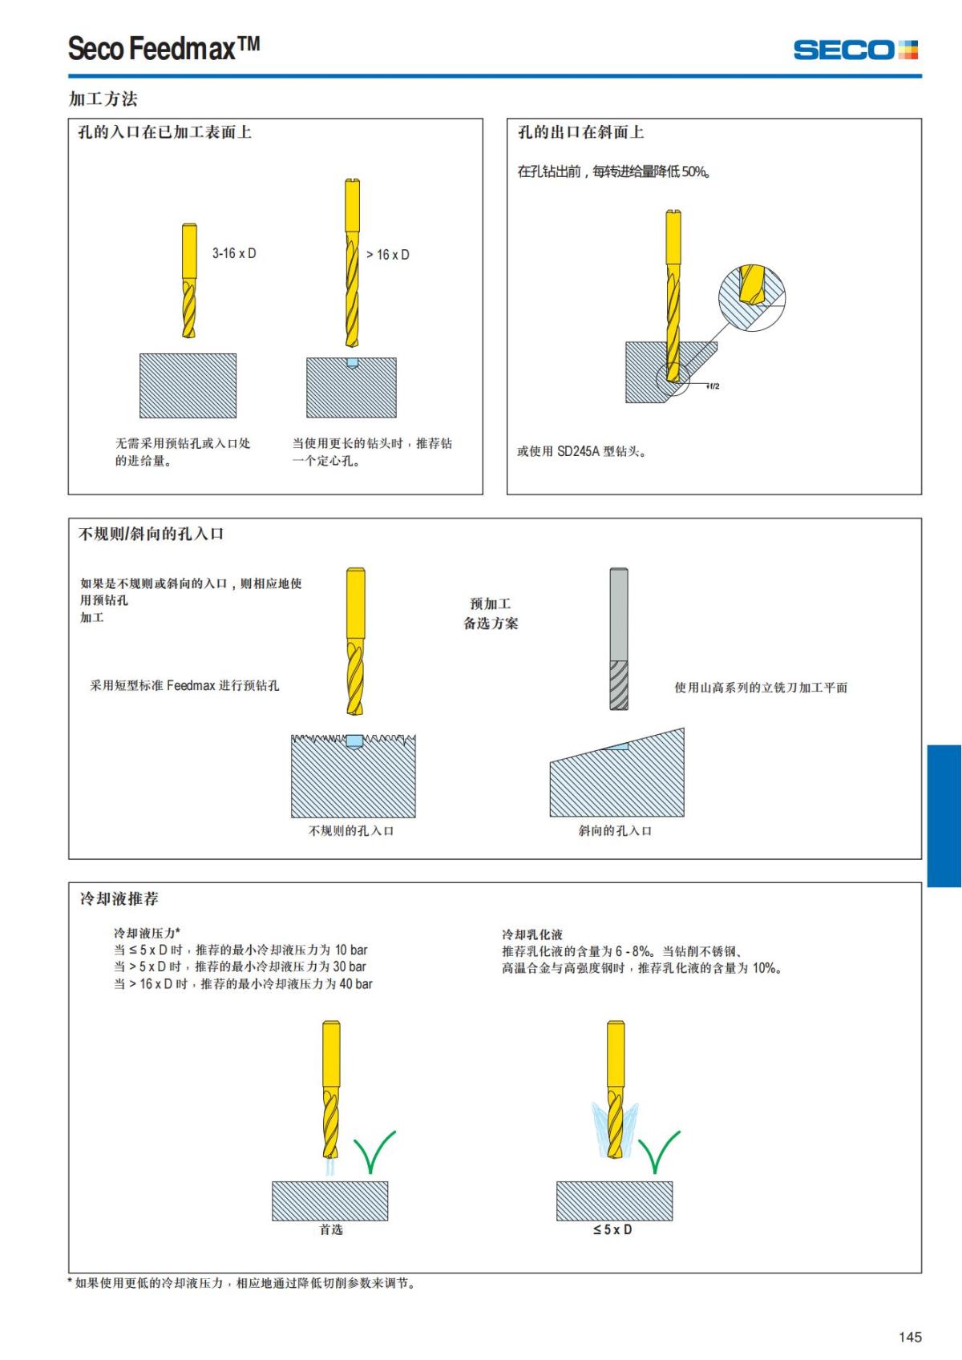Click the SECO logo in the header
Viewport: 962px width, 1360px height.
pyautogui.click(x=855, y=50)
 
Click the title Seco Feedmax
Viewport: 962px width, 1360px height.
pyautogui.click(x=164, y=49)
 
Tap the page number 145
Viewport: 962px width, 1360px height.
pyautogui.click(x=910, y=1337)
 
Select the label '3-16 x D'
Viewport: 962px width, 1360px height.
pyautogui.click(x=234, y=253)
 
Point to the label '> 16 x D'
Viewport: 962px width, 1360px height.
pyautogui.click(x=388, y=255)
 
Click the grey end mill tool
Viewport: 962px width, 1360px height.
pyautogui.click(x=618, y=639)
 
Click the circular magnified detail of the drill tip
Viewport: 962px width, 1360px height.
pyautogui.click(x=751, y=297)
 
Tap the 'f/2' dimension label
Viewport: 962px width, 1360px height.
pyautogui.click(x=713, y=386)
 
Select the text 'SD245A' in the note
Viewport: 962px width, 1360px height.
pyautogui.click(x=578, y=451)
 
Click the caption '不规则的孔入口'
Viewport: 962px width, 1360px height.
pyautogui.click(x=351, y=831)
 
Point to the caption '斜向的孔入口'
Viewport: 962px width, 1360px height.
pyautogui.click(x=615, y=831)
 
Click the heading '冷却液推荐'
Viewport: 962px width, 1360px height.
pyautogui.click(x=119, y=898)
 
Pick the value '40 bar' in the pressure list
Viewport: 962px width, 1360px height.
pyautogui.click(x=356, y=984)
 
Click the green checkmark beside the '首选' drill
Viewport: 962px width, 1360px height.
pyautogui.click(x=374, y=1151)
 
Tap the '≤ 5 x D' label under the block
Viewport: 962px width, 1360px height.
pyautogui.click(x=612, y=1229)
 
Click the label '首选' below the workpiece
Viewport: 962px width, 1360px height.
pyautogui.click(x=331, y=1229)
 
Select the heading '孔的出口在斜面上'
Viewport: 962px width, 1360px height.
pyautogui.click(x=580, y=132)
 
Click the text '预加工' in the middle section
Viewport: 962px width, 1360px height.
pyautogui.click(x=490, y=603)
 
